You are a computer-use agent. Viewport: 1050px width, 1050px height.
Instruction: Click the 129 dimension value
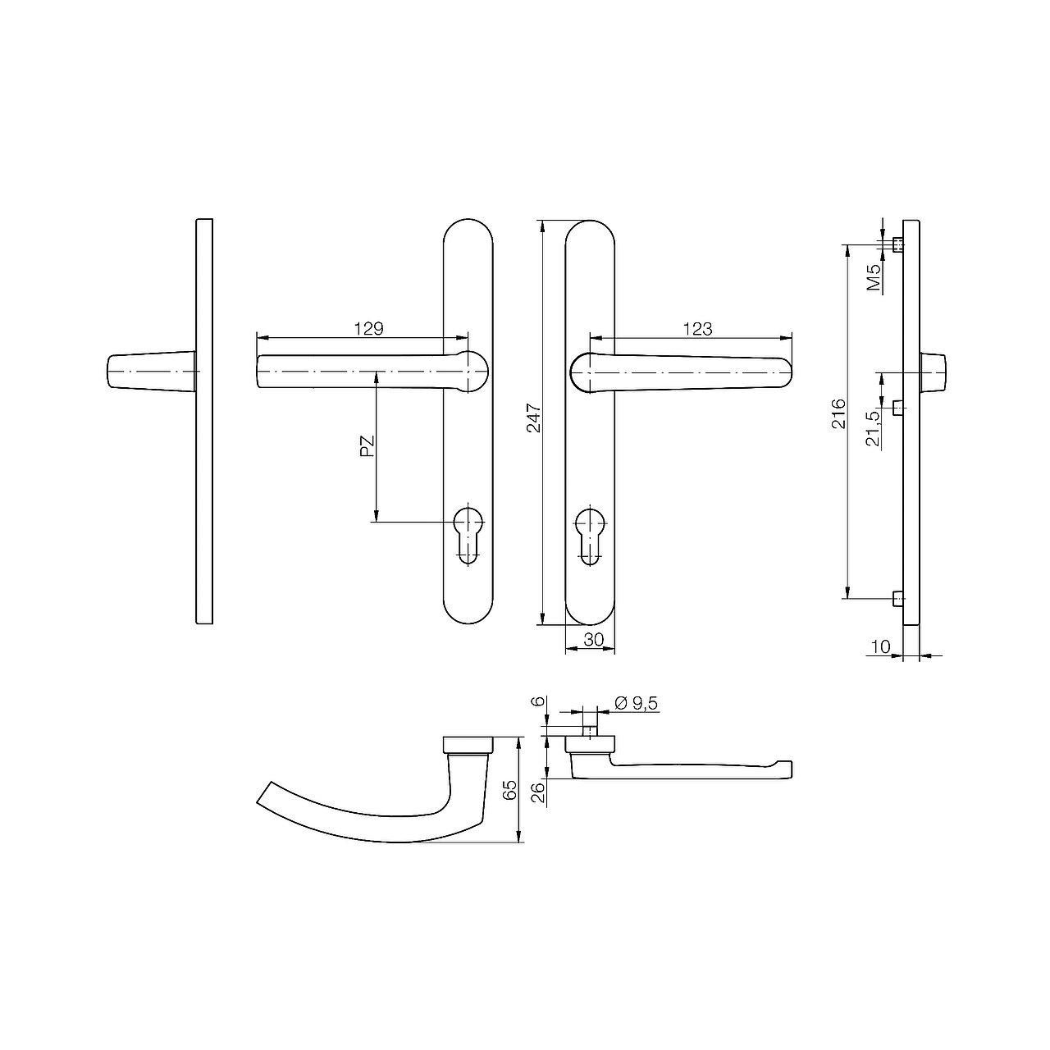click(369, 329)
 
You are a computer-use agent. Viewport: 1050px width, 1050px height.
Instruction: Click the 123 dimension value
click(697, 329)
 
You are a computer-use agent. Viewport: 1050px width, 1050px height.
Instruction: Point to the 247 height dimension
click(533, 418)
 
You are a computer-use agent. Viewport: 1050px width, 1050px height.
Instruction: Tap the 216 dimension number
click(838, 414)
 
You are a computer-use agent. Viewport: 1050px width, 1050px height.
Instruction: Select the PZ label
click(367, 446)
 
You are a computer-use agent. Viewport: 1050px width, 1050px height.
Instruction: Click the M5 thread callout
click(874, 277)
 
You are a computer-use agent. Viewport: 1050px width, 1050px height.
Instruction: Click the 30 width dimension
click(593, 639)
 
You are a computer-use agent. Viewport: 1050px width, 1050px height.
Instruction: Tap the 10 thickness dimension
click(880, 646)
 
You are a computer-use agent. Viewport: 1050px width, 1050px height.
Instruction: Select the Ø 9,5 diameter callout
click(637, 704)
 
